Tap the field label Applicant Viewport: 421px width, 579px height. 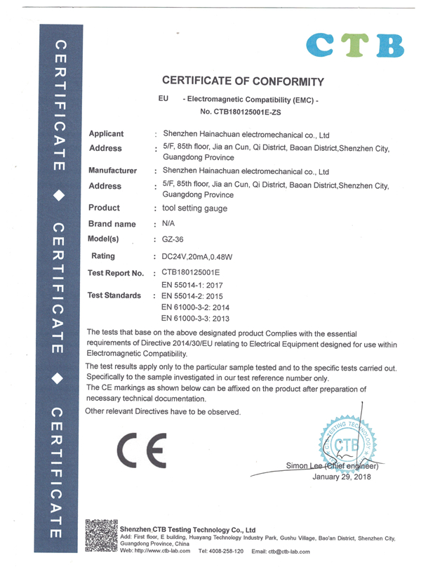pos(107,133)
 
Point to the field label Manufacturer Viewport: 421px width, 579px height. pos(112,171)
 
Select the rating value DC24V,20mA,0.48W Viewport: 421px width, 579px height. pos(204,256)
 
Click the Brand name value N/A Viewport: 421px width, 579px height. pos(168,224)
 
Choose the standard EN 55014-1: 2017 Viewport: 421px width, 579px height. pos(197,284)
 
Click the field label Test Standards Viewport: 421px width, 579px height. pos(114,295)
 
